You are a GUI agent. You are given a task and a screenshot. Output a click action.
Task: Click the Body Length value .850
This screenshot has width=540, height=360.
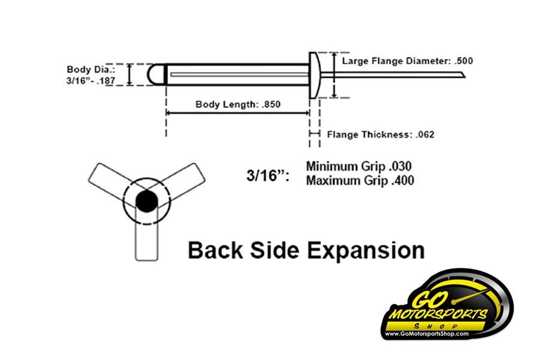[271, 104]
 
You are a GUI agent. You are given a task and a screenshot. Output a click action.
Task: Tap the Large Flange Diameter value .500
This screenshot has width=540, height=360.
[464, 61]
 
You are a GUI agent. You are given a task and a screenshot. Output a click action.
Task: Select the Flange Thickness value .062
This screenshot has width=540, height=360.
[425, 134]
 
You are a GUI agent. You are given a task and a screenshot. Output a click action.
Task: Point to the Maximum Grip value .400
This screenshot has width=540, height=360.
[403, 181]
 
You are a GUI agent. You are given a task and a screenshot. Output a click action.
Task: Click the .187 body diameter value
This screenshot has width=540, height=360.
[106, 82]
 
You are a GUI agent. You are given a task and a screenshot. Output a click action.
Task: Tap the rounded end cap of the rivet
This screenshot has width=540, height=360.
[157, 74]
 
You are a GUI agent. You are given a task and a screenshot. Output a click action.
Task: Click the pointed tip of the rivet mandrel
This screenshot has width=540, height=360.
[465, 77]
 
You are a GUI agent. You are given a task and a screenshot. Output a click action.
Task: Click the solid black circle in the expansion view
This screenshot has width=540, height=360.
[147, 202]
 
